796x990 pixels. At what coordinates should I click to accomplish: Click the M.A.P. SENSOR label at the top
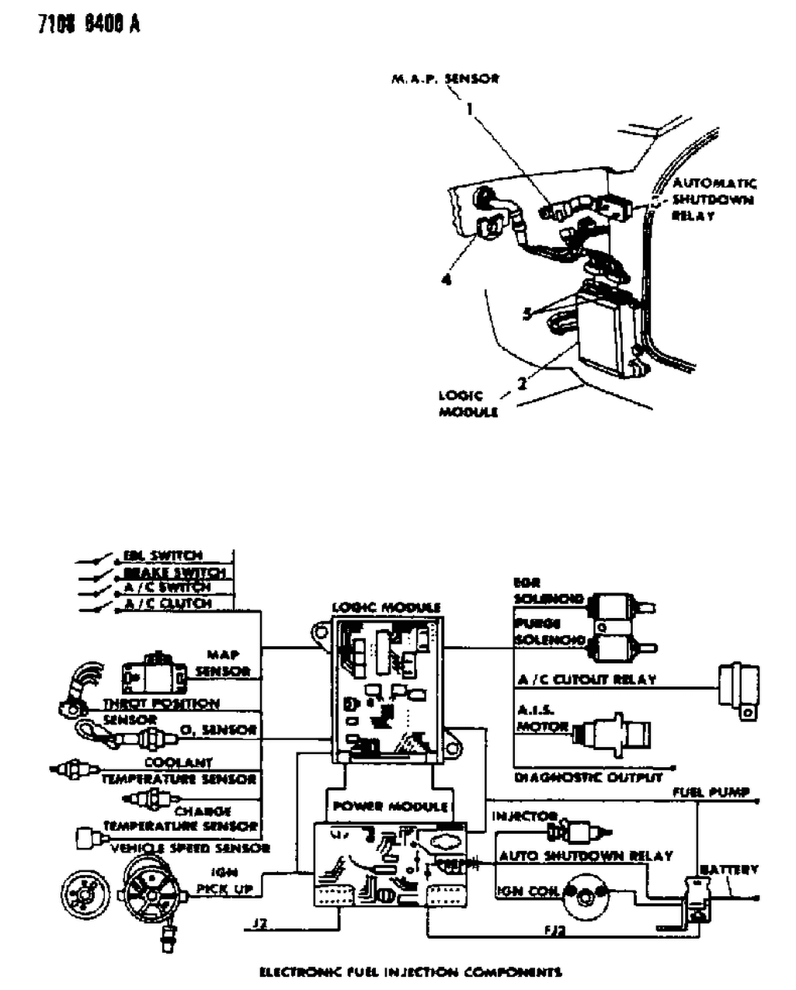point(444,78)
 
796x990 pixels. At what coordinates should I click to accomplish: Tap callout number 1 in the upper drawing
point(469,109)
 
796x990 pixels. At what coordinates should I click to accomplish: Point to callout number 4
point(446,280)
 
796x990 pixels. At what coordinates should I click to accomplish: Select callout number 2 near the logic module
point(523,381)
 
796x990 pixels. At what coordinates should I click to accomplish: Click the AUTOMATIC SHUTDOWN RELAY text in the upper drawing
point(713,200)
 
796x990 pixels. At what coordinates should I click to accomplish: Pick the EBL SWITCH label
point(163,556)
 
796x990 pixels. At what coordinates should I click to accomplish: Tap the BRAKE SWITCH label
point(174,572)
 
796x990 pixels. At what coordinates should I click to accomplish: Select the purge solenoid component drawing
point(619,644)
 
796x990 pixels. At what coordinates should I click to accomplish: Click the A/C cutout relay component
point(739,688)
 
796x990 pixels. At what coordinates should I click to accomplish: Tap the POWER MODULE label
point(391,806)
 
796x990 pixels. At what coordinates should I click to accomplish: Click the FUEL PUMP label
point(711,792)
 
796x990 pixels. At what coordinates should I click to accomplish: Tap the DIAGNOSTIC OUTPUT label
point(588,776)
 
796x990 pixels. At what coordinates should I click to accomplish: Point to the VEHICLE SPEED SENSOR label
point(190,848)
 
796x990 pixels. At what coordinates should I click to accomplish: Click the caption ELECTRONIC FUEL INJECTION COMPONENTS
point(410,971)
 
